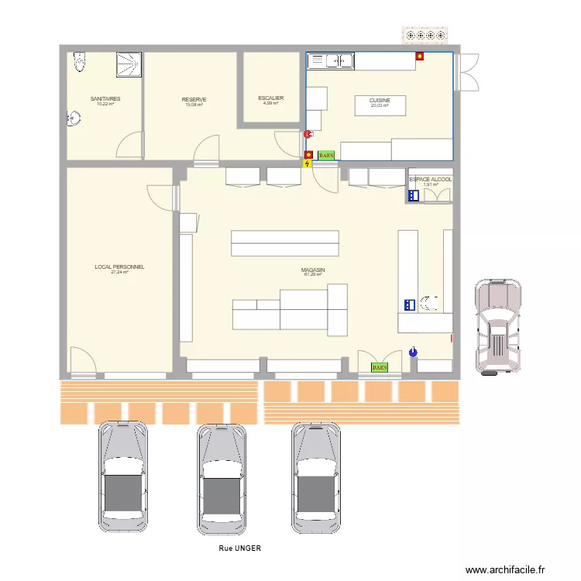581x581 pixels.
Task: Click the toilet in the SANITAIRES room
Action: [77, 63]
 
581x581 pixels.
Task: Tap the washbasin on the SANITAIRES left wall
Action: [74, 118]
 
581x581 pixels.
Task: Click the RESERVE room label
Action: [194, 100]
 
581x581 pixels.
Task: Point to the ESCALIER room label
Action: [271, 98]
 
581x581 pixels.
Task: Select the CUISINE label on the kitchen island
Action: [380, 101]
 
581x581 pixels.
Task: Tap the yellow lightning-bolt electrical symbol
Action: [308, 163]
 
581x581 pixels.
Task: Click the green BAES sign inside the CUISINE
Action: [326, 155]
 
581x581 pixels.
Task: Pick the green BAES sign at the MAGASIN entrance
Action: [380, 367]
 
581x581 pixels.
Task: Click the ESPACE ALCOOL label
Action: [430, 180]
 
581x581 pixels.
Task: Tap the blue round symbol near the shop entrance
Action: [413, 352]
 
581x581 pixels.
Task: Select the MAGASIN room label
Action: [313, 270]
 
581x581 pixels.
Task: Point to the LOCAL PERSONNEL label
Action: [119, 267]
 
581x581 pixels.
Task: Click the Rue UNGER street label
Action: [240, 548]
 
